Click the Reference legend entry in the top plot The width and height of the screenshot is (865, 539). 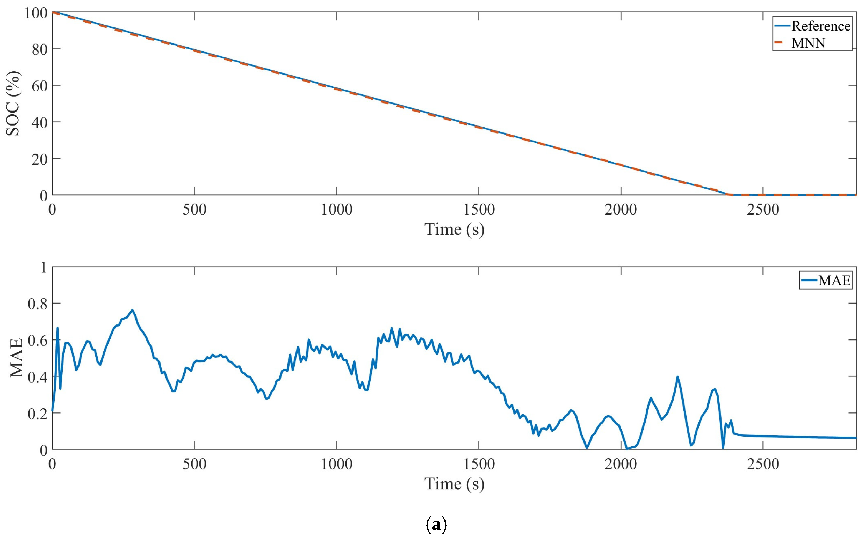(820, 26)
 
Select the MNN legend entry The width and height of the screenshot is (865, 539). (808, 43)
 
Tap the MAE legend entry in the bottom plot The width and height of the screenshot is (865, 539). (834, 280)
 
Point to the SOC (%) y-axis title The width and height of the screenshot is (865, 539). (13, 104)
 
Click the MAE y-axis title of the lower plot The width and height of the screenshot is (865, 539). (16, 358)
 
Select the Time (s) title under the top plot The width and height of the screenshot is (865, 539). (454, 229)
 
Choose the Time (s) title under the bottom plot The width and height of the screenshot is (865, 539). (454, 484)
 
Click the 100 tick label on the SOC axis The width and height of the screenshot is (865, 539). (36, 13)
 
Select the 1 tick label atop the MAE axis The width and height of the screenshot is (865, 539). (44, 267)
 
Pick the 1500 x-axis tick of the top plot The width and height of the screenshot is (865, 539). (479, 210)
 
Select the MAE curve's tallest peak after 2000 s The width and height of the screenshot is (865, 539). (677, 376)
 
